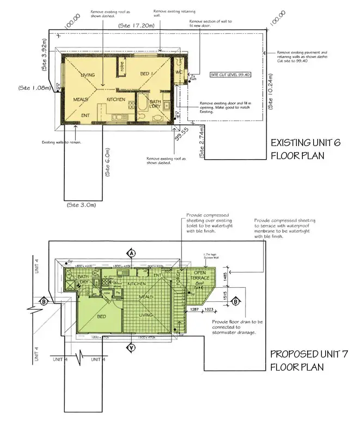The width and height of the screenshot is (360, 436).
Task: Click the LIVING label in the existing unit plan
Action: (x=88, y=75)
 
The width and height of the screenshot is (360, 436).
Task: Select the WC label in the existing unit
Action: (x=178, y=72)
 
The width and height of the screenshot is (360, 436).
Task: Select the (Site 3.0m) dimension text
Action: (x=81, y=205)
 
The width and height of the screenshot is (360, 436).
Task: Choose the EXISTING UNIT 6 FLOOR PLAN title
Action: (x=306, y=149)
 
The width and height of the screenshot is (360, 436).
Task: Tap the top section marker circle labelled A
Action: (x=131, y=253)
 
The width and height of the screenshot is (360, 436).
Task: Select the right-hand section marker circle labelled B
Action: (x=236, y=301)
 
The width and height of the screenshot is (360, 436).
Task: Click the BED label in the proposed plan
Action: (x=101, y=316)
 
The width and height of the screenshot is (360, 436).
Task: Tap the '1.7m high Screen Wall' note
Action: (x=210, y=257)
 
